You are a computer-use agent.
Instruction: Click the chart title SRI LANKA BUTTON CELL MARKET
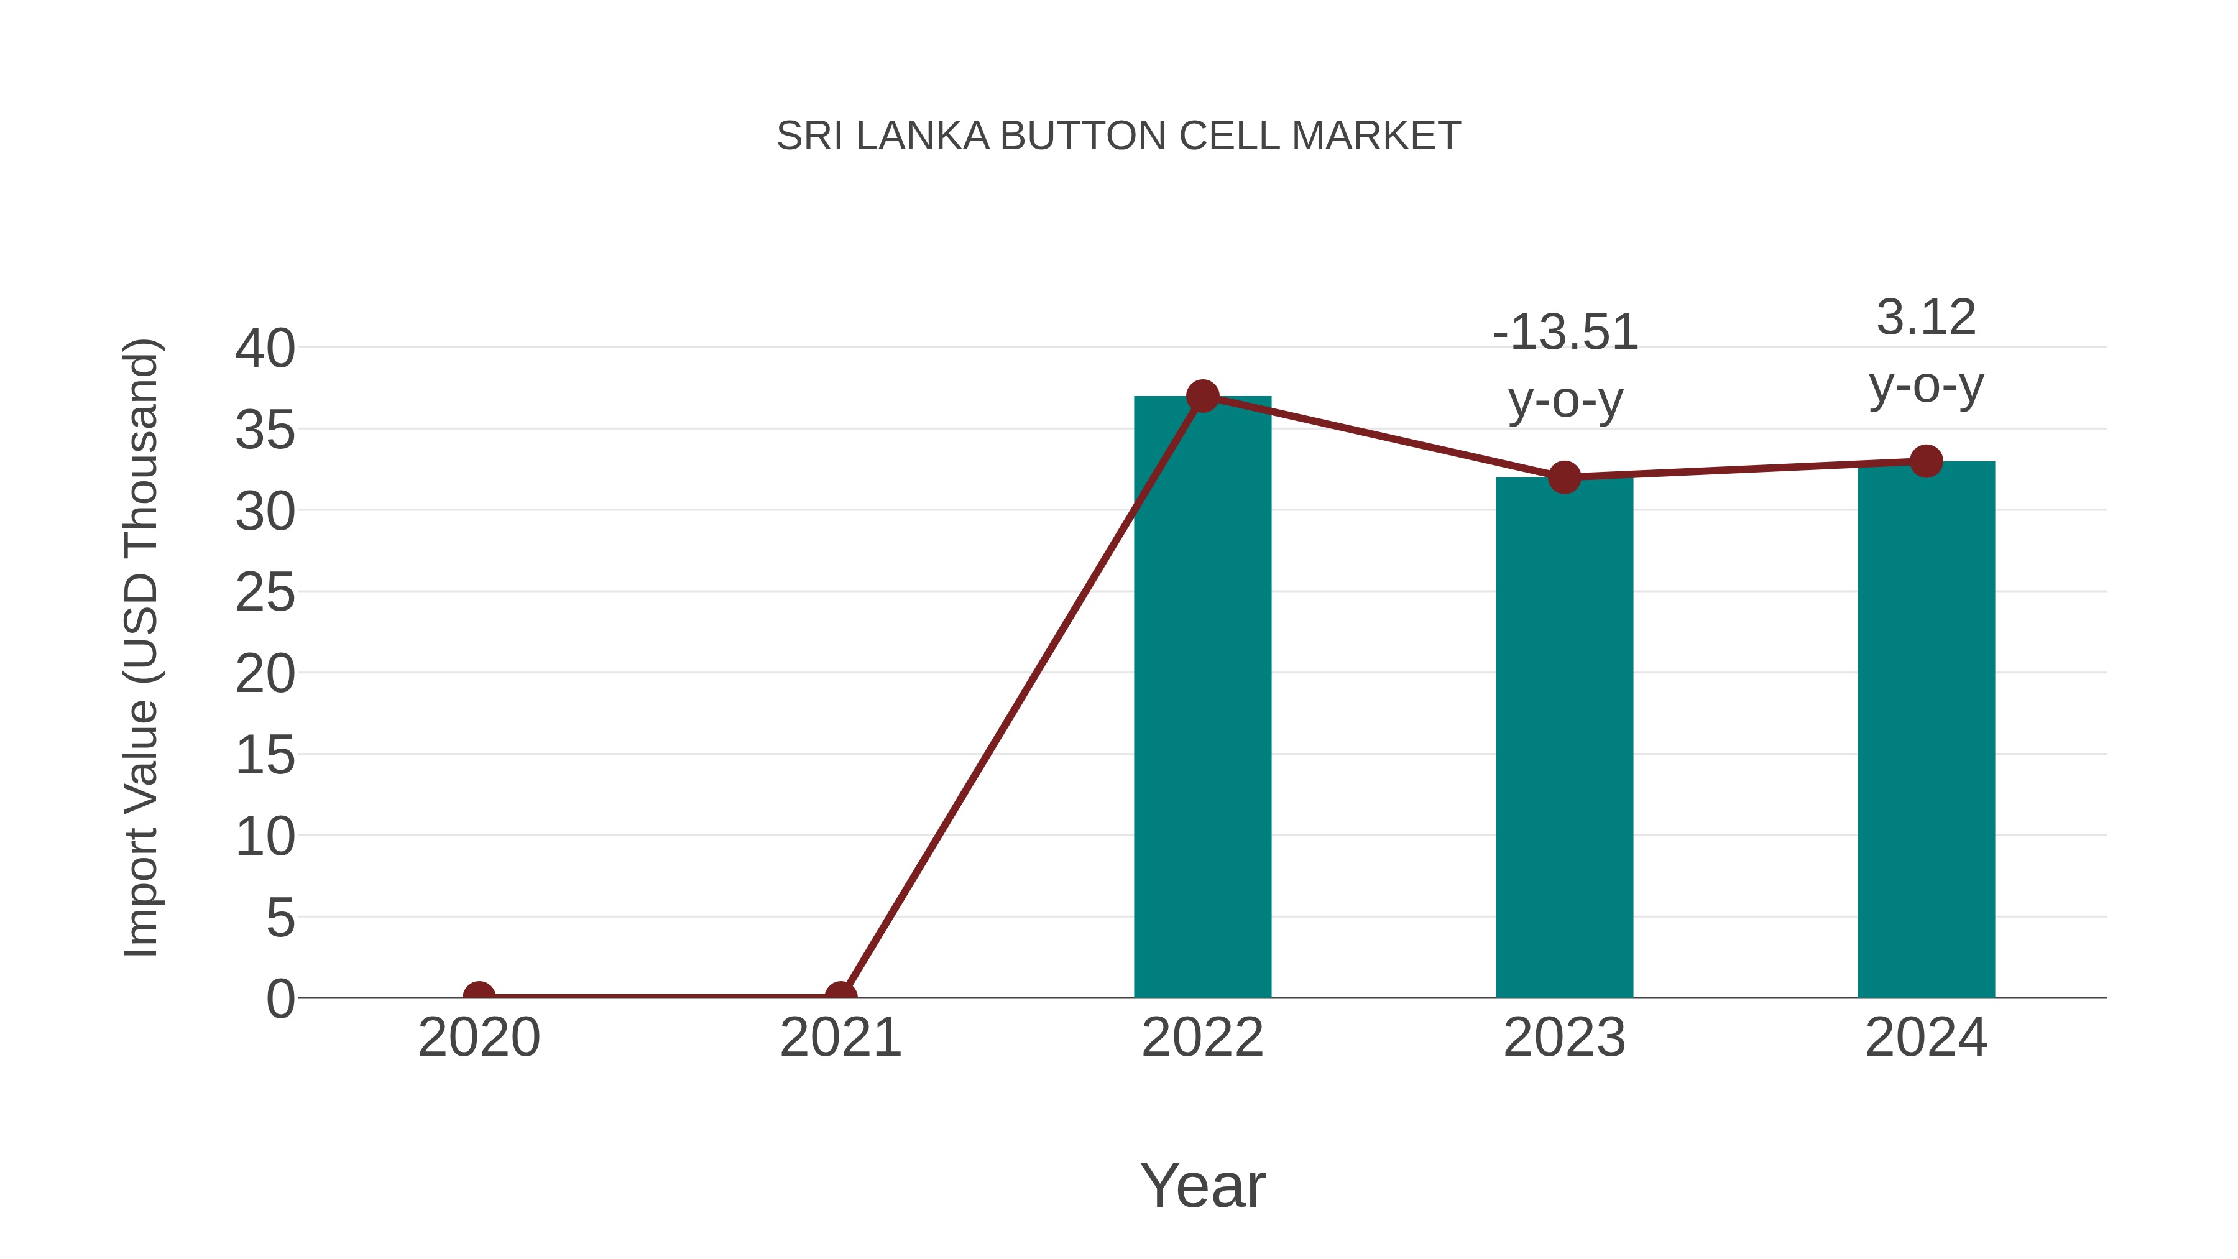[1118, 136]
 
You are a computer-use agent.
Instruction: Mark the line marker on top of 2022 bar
[1202, 396]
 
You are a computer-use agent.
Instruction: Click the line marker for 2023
[1564, 477]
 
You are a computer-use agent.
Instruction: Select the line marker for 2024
[1926, 461]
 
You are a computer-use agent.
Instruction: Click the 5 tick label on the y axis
[280, 918]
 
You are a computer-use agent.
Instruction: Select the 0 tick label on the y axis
[280, 998]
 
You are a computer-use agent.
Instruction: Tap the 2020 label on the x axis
[479, 1038]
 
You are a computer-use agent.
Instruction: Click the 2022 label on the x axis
[1202, 1038]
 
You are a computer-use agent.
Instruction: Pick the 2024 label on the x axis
[1926, 1038]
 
